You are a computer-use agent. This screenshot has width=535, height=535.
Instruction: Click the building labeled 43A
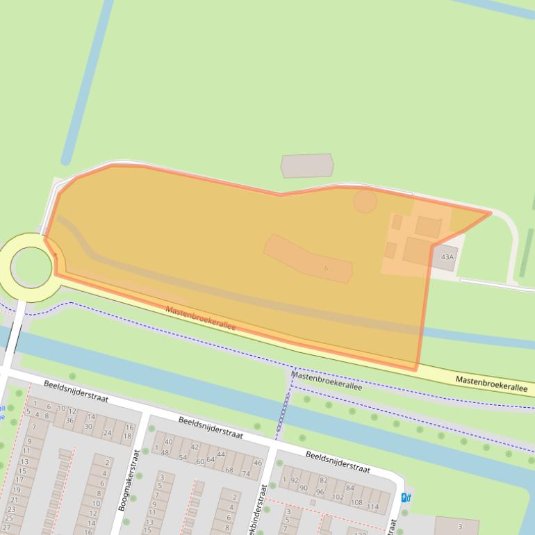447,257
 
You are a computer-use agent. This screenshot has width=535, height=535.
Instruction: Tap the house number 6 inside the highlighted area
326,268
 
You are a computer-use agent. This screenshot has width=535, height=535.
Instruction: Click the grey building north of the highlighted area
306,166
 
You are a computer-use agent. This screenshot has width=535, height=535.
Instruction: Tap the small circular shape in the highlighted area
365,201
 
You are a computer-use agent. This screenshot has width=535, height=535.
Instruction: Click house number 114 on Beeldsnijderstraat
372,507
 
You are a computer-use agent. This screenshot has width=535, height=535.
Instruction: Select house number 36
69,420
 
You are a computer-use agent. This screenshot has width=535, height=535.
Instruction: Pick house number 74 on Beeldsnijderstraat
245,474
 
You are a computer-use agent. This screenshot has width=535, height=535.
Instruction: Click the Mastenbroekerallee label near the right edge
491,384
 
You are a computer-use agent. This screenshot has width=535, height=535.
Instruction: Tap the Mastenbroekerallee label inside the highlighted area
200,318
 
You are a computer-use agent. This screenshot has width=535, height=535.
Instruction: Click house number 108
356,502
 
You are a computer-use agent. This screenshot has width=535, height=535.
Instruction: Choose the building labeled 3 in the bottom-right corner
460,527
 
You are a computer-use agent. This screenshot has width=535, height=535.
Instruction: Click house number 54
183,457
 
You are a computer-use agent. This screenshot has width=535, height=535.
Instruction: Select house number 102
338,497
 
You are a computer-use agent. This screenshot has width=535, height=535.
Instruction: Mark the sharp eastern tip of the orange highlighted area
490,213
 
